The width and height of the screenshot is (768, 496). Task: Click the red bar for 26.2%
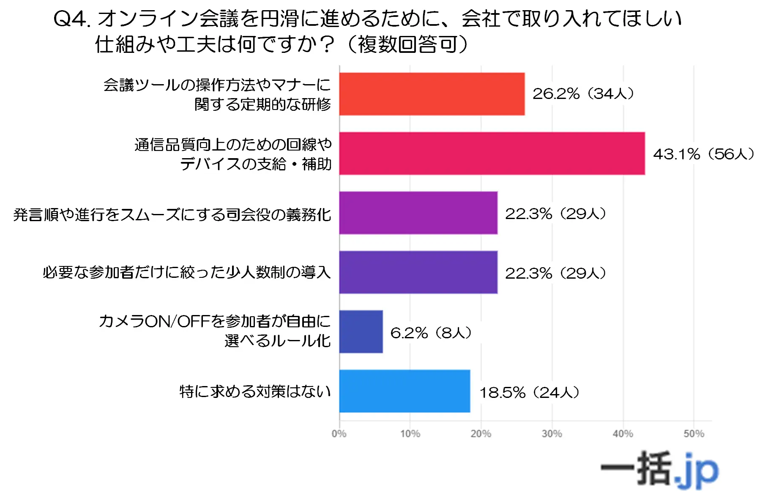[x=432, y=94]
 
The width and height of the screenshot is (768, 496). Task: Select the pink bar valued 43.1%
[x=492, y=153]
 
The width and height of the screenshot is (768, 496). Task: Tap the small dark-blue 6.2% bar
[x=361, y=332]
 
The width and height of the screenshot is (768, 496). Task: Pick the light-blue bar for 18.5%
[x=404, y=391]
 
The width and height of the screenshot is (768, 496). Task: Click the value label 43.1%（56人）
[x=703, y=154]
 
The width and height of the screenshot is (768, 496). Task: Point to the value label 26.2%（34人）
[x=583, y=94]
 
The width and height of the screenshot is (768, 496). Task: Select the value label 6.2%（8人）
[x=431, y=333]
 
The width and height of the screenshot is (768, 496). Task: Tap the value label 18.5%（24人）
[x=529, y=392]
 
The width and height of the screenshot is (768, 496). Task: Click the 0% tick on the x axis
[x=339, y=434]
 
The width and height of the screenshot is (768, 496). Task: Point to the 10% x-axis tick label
[x=410, y=434]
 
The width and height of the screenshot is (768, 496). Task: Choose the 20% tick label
[x=481, y=434]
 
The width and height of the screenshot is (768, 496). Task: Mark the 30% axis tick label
[x=552, y=434]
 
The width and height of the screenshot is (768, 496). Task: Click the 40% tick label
[x=623, y=434]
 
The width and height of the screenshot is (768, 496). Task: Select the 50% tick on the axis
[x=694, y=434]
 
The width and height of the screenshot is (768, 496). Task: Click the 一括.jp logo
[x=659, y=469]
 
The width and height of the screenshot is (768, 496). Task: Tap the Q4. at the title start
[x=72, y=19]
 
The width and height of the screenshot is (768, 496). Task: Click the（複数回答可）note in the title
[x=407, y=44]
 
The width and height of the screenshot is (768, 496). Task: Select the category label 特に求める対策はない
[x=255, y=392]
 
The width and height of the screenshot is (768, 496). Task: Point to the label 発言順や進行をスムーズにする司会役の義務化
[x=172, y=215]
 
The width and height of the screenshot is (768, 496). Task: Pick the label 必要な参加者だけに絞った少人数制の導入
[x=186, y=272]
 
